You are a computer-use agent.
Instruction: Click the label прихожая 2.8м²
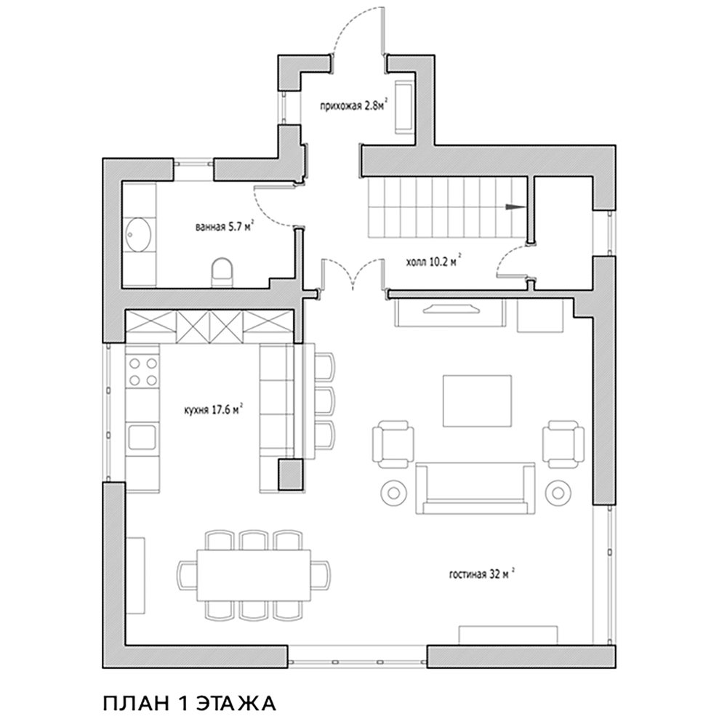tap(354, 106)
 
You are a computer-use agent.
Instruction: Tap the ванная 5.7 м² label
tap(225, 227)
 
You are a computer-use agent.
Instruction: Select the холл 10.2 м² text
tap(433, 262)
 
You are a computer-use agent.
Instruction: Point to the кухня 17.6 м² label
tap(214, 410)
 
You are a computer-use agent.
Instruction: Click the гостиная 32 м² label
tap(483, 574)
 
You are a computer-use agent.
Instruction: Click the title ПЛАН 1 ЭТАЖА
tap(189, 703)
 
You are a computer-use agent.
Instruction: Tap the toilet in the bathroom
tap(222, 272)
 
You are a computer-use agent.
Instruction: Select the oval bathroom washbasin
tap(139, 235)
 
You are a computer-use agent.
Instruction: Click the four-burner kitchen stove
tap(142, 371)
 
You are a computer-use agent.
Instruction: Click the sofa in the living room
tap(475, 489)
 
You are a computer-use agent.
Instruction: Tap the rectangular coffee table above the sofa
tap(477, 401)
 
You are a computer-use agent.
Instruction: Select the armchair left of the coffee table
tap(393, 444)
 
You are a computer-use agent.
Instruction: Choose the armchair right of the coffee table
tap(564, 444)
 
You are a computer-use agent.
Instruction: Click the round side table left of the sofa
tap(393, 493)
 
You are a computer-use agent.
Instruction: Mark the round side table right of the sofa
tap(558, 493)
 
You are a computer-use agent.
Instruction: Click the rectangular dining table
tap(254, 575)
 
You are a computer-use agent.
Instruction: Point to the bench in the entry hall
tap(405, 107)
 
